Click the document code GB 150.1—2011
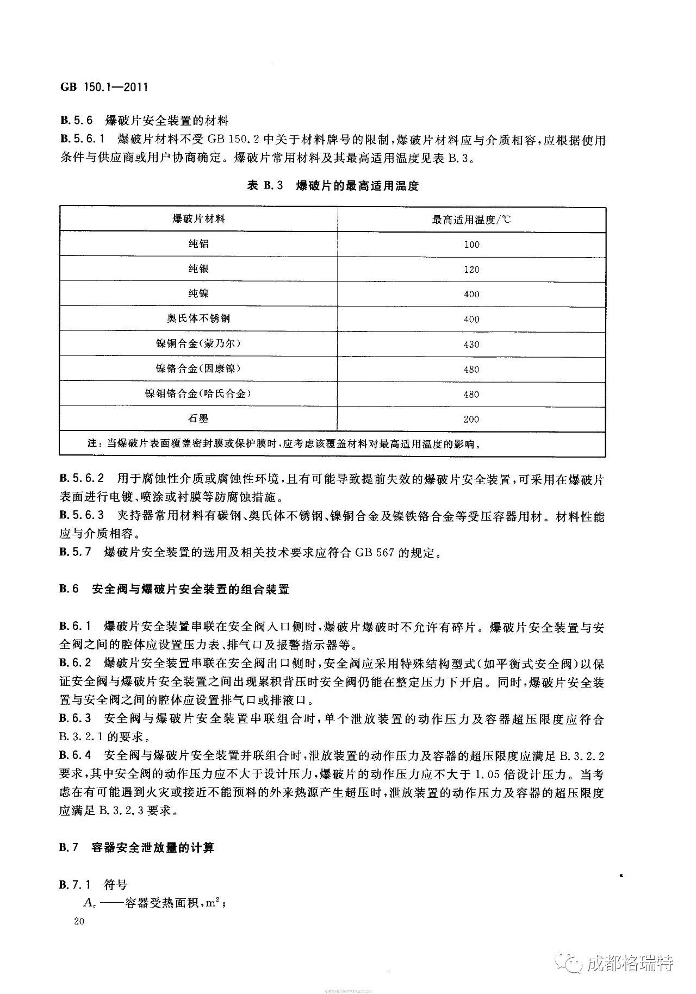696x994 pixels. click(x=103, y=87)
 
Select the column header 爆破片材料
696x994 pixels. click(x=198, y=218)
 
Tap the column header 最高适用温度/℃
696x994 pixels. click(x=471, y=220)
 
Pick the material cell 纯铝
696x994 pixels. click(x=198, y=244)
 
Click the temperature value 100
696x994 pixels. click(x=471, y=245)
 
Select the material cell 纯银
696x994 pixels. click(x=198, y=269)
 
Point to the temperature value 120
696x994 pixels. click(x=471, y=270)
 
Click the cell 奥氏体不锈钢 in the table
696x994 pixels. click(x=198, y=318)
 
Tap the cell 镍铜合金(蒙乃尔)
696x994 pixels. click(x=198, y=343)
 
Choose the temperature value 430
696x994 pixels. click(x=471, y=345)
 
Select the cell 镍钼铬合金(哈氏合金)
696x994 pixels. click(x=198, y=393)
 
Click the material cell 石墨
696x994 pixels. click(x=198, y=418)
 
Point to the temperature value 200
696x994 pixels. click(x=471, y=419)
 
